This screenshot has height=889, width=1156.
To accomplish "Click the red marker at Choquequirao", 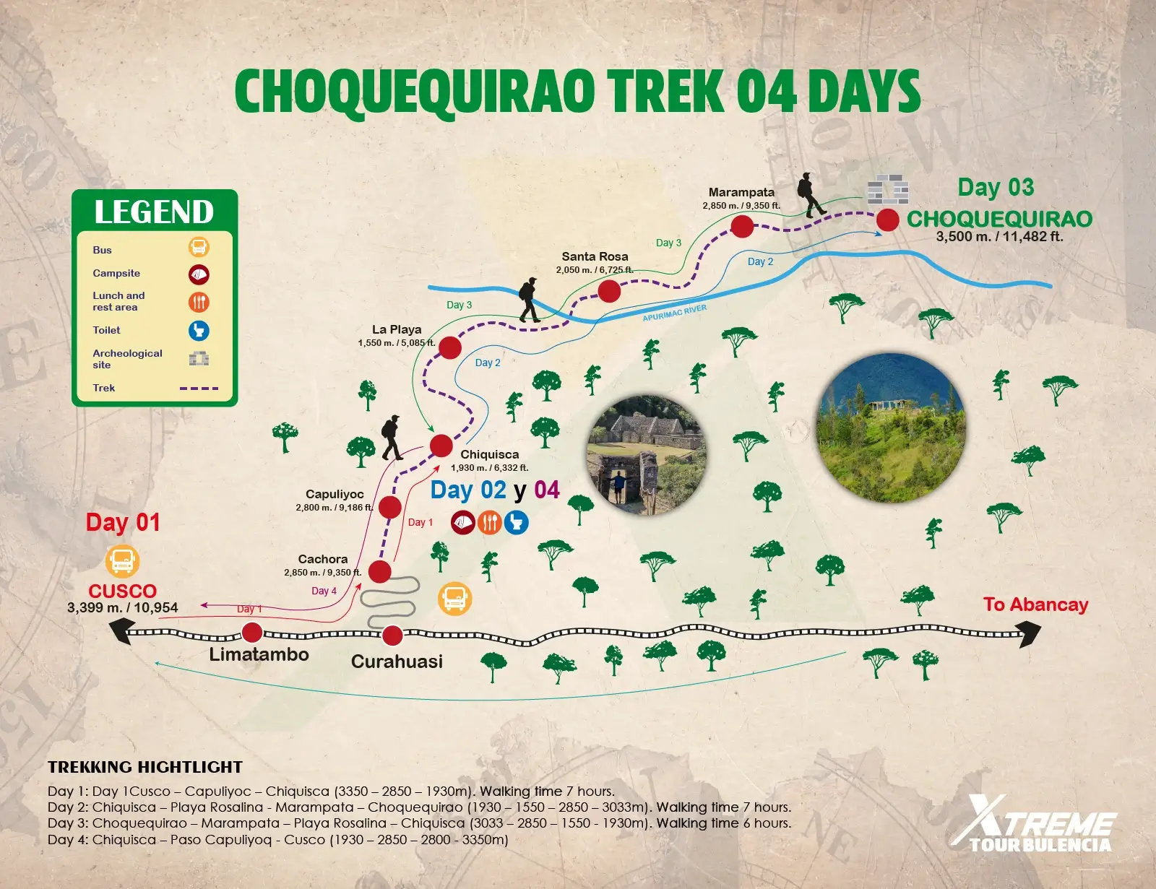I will pos(888,220).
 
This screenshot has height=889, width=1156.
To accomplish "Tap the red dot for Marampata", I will pos(742,226).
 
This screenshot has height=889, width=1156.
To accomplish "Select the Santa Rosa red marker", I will pos(609,291).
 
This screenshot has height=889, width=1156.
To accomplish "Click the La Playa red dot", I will pos(450,347).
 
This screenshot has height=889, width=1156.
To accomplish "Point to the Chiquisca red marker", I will pos(441,445).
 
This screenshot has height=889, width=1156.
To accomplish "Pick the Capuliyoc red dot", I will pos(390,507).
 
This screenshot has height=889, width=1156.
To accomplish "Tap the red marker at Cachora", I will pos(380,571).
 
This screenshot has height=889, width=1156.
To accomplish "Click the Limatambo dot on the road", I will pos(252,633).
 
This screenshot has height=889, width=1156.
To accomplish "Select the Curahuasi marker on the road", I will pos(392,636).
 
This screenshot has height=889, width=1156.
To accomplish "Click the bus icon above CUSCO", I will pos(123,561).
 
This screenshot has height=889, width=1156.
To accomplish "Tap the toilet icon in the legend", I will pos(199,331).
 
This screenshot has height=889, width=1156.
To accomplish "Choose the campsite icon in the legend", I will pos(199,274).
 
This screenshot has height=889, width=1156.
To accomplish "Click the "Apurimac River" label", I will pos(675,313).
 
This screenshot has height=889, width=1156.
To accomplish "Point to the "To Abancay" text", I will pos(1035,604).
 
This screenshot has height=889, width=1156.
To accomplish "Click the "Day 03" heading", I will pos(996,188).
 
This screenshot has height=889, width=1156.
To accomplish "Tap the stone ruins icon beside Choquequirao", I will pos(887,189).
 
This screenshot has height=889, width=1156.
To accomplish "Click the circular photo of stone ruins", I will pos(647,455).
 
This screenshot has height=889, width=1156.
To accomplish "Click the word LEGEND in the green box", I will pos(154,212).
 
